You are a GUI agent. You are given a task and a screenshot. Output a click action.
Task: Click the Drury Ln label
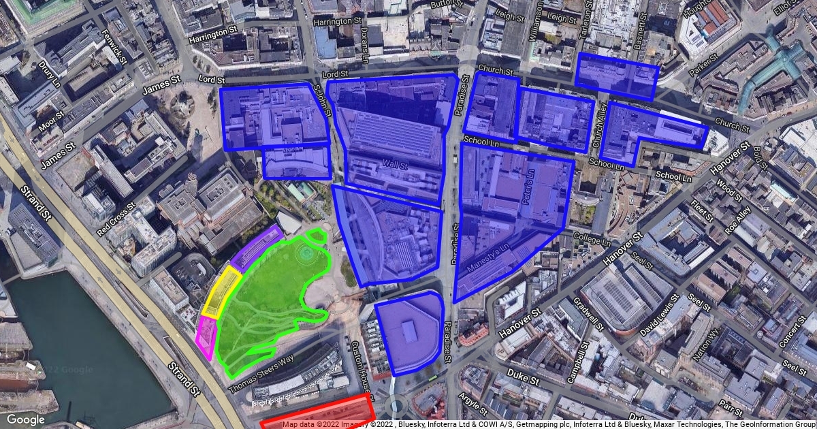coord(50,78)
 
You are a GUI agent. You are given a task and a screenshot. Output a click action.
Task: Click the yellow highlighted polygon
coord(224,293)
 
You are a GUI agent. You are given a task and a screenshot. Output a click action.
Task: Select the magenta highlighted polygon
coord(206,337)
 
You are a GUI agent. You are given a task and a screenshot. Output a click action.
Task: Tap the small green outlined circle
coord(316,236)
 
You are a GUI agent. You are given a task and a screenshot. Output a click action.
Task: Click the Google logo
coord(26,419)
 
